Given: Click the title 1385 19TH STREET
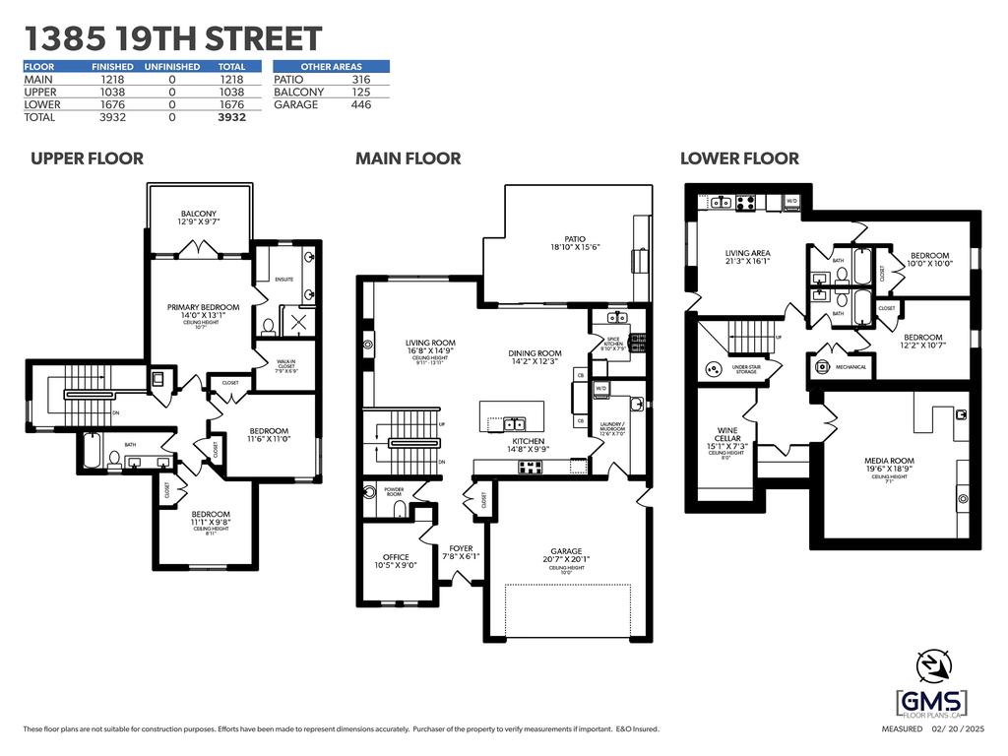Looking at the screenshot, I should click(172, 38).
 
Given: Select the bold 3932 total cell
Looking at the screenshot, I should click(231, 117).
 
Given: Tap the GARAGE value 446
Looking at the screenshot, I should click(360, 104).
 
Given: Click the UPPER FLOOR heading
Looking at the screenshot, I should click(87, 158).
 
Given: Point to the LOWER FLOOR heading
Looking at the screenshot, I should click(739, 158).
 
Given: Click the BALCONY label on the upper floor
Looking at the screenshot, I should click(199, 215).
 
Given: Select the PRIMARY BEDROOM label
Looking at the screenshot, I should click(198, 307).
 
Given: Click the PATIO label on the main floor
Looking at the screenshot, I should click(574, 238).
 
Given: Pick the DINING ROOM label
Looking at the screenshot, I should click(535, 353).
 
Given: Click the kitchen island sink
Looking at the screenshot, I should click(515, 424).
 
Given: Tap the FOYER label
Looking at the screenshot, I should click(462, 549).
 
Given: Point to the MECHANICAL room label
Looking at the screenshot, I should click(851, 367).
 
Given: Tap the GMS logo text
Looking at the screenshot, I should click(930, 703).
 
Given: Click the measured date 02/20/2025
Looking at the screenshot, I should click(960, 729).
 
